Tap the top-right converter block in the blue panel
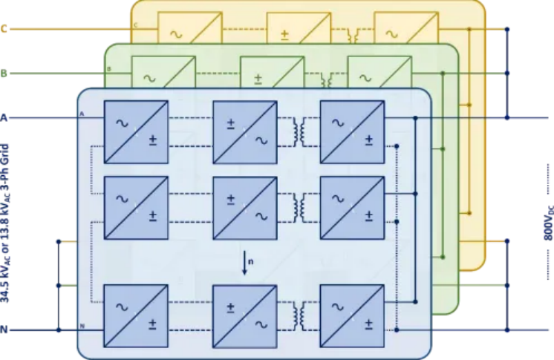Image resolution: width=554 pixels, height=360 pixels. click(x=352, y=131)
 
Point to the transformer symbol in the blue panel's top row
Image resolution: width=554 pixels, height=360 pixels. click(x=300, y=131)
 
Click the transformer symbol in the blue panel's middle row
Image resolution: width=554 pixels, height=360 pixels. click(x=300, y=207)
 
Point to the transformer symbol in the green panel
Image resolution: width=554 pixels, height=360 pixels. click(x=326, y=78)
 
